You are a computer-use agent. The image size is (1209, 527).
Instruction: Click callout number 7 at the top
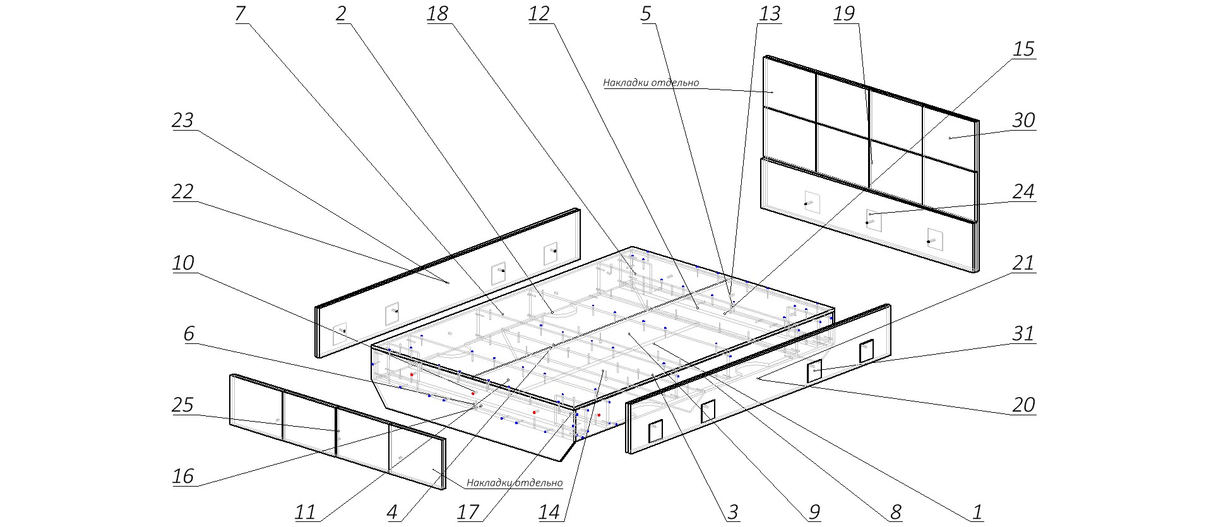click(240, 14)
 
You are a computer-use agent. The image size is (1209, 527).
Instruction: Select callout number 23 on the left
click(182, 120)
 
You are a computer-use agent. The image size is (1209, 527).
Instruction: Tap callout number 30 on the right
click(1023, 120)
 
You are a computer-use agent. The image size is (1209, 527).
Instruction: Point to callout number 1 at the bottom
click(977, 512)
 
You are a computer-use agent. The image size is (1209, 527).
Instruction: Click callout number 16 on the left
click(182, 475)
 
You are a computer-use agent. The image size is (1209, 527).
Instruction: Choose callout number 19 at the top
click(844, 14)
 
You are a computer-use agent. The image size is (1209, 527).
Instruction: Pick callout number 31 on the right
click(1023, 333)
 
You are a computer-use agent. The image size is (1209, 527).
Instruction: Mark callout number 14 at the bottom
click(549, 512)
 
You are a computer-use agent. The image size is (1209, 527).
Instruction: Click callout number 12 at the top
click(539, 14)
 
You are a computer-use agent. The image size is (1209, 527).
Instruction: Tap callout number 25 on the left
click(182, 405)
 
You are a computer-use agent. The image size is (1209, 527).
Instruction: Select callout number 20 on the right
click(1023, 405)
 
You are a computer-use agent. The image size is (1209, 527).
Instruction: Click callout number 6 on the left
click(189, 333)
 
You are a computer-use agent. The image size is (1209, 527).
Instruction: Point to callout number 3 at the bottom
click(732, 512)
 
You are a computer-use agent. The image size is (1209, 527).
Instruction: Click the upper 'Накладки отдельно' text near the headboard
click(651, 83)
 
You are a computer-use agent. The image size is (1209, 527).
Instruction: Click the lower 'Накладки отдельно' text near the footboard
click(514, 483)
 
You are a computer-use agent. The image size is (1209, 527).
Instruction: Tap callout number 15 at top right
click(1023, 49)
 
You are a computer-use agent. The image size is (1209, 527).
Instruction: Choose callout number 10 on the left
click(182, 263)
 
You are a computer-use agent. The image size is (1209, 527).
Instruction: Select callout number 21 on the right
click(1023, 263)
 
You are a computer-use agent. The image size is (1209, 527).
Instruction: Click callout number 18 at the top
click(438, 14)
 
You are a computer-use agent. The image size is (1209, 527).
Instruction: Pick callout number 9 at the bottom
click(814, 512)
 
